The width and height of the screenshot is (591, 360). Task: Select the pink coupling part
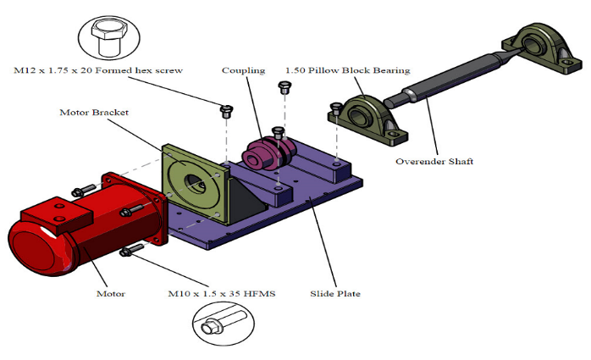(x=265, y=151)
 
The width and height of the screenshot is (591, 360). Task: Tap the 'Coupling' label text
(x=244, y=70)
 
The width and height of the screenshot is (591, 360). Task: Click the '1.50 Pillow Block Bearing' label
(x=347, y=70)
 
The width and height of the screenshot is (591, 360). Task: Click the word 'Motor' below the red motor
(x=110, y=294)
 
